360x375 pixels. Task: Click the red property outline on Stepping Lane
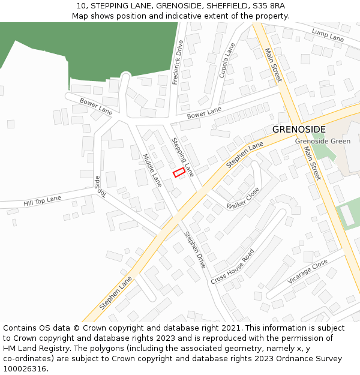[179, 173]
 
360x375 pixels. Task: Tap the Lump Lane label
[328, 35]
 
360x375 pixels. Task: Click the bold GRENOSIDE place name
[299, 130]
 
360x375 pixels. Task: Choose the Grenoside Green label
[322, 141]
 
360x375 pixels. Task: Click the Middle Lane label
[152, 170]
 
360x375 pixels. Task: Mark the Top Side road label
[99, 186]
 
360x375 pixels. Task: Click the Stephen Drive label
[195, 250]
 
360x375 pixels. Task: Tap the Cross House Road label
[233, 266]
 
